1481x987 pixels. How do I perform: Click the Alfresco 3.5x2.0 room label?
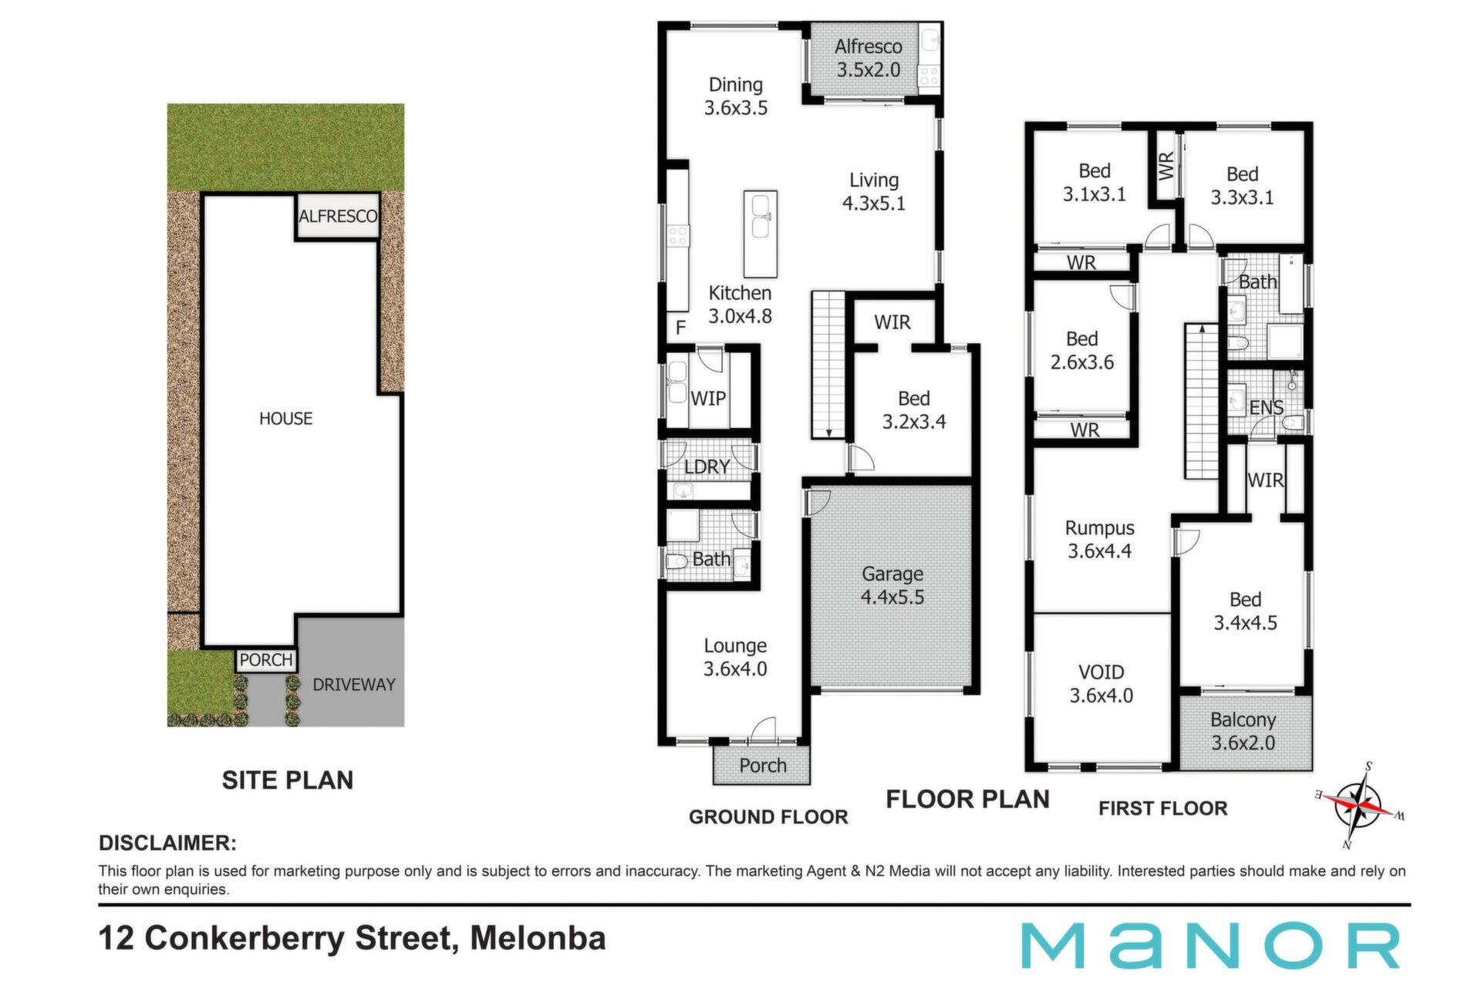pyautogui.click(x=869, y=58)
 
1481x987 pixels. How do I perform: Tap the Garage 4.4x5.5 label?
pyautogui.click(x=892, y=585)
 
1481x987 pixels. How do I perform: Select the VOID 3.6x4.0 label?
pyautogui.click(x=1101, y=683)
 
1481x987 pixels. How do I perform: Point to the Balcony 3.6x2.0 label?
pyautogui.click(x=1243, y=731)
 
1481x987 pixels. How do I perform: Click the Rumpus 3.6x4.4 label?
pyautogui.click(x=1099, y=539)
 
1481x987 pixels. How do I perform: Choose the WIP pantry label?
pyautogui.click(x=707, y=399)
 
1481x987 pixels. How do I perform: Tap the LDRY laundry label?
pyautogui.click(x=707, y=467)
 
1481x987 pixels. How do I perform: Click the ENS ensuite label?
pyautogui.click(x=1266, y=408)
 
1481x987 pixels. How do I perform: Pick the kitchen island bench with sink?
pyautogui.click(x=761, y=234)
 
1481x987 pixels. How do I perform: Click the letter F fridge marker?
pyautogui.click(x=680, y=328)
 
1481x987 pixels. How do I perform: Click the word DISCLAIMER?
pyautogui.click(x=167, y=843)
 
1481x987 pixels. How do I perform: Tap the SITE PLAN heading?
pyautogui.click(x=288, y=780)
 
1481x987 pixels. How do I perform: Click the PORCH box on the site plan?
pyautogui.click(x=266, y=660)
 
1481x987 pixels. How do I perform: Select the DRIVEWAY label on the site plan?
pyautogui.click(x=353, y=685)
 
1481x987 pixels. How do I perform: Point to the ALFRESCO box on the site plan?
pyautogui.click(x=338, y=217)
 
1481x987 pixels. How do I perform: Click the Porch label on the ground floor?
pyautogui.click(x=762, y=766)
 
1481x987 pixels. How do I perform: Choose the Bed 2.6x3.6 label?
pyautogui.click(x=1081, y=350)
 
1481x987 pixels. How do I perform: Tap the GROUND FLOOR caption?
pyautogui.click(x=768, y=817)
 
